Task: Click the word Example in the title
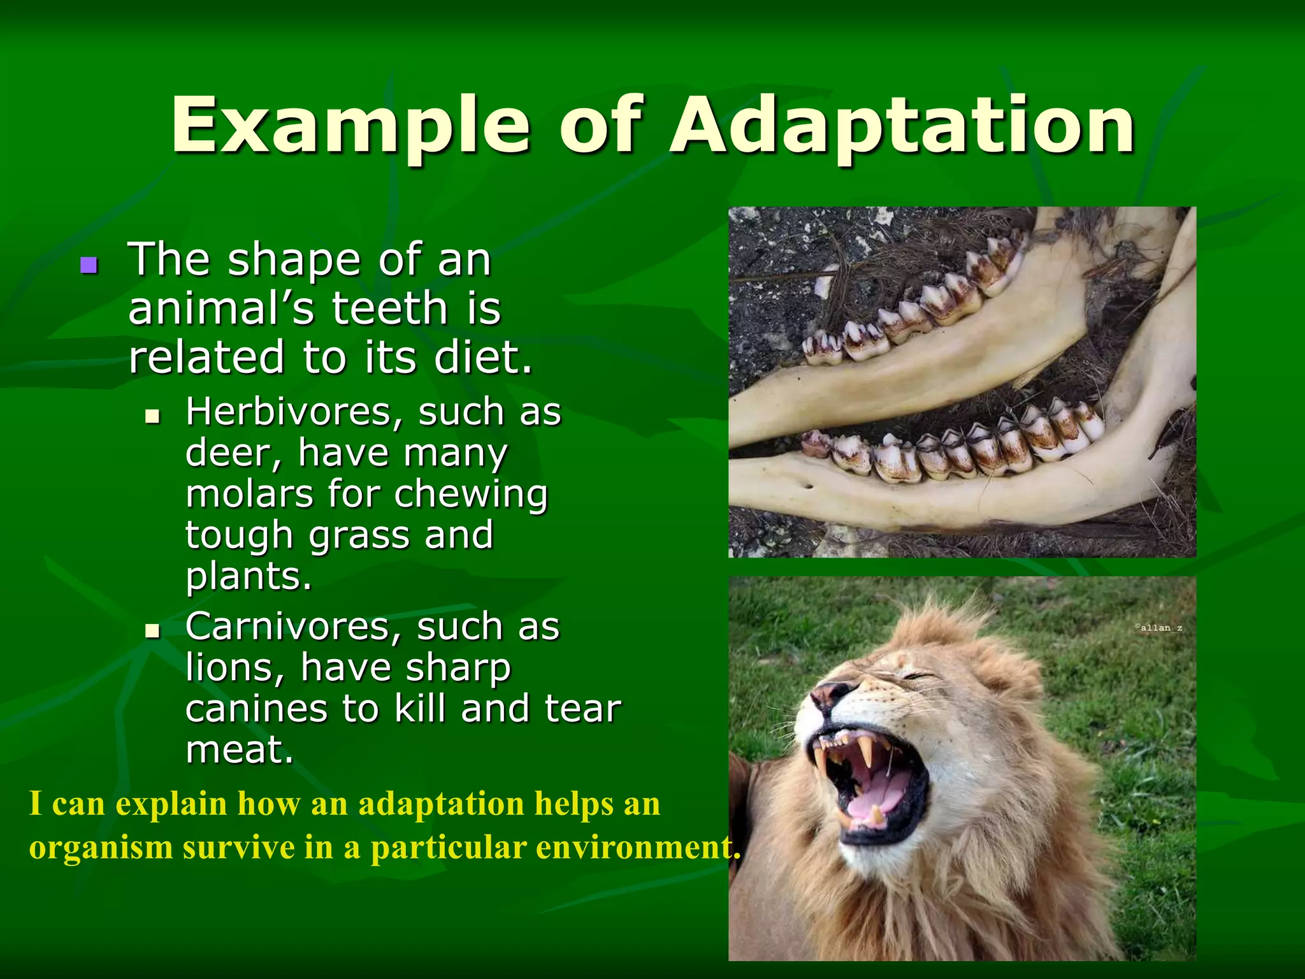point(350,125)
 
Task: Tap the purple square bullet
point(89,265)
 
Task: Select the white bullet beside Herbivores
point(152,417)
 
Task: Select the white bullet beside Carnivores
point(152,632)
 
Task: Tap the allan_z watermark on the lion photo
point(1159,628)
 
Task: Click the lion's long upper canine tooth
point(865,752)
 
